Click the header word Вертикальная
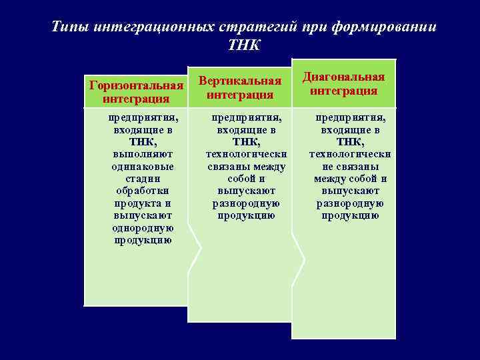point(241,81)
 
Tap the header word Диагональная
point(344,77)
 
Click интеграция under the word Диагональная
point(344,91)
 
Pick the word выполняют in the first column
point(143,155)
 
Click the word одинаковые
point(143,167)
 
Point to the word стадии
point(143,179)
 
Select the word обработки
point(143,191)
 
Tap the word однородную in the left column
point(143,228)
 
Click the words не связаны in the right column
point(350,167)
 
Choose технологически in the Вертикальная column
point(246,155)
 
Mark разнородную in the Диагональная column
point(350,203)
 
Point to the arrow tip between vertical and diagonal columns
point(304,253)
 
